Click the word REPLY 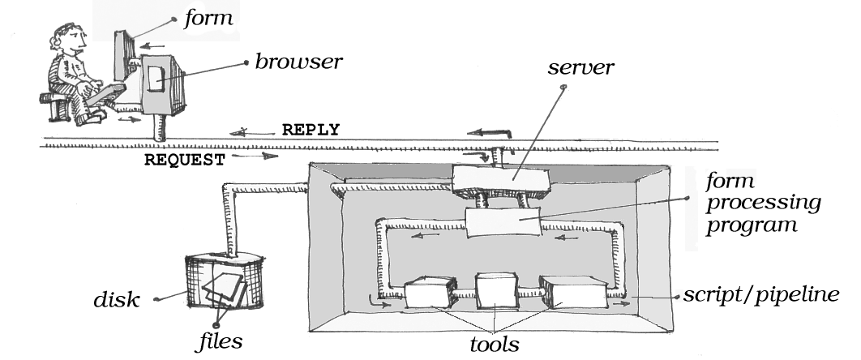coord(310,130)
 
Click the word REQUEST coord(183,160)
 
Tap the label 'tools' coord(495,344)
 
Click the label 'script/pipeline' coord(768,294)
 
